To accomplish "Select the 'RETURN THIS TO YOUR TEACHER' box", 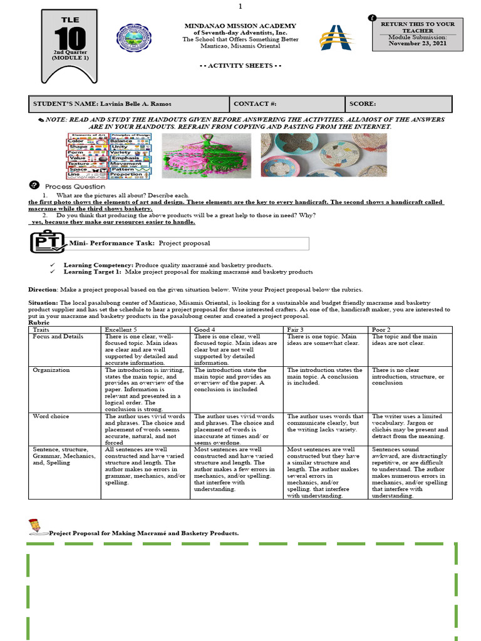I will point(418,28).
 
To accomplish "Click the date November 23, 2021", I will point(418,43).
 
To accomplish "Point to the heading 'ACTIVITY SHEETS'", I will point(240,65).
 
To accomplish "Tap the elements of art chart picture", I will point(109,155).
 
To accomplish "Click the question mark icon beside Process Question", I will point(34,185).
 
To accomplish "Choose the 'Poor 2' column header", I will point(382,329).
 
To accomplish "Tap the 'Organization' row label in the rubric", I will point(51,370).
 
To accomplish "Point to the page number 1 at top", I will point(240,6).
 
